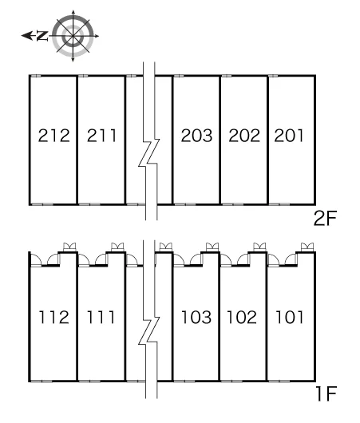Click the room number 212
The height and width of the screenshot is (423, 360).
pos(54,136)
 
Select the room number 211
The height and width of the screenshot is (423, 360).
pos(101,136)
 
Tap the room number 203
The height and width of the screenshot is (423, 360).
pos(196,136)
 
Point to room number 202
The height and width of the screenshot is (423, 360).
pos(244,136)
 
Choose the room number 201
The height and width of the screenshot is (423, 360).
pos(289,136)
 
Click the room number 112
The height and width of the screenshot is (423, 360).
pos(54,317)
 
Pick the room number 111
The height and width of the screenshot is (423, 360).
pos(101,317)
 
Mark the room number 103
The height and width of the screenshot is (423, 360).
pos(196,317)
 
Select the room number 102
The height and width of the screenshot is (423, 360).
pos(242,317)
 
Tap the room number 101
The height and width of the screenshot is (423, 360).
pos(289,317)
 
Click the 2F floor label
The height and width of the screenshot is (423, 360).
pos(325,219)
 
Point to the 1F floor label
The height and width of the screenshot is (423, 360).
pos(326,394)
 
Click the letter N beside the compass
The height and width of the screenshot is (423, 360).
pos(42,36)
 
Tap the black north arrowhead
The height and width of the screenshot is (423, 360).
pos(27,36)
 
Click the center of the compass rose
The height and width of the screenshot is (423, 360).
pos(73,36)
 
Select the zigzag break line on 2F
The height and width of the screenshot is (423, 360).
pos(149,153)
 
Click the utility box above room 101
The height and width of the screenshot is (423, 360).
pos(307,247)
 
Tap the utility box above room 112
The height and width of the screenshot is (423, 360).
pos(69,247)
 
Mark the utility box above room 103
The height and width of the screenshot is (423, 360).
pos(212,247)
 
